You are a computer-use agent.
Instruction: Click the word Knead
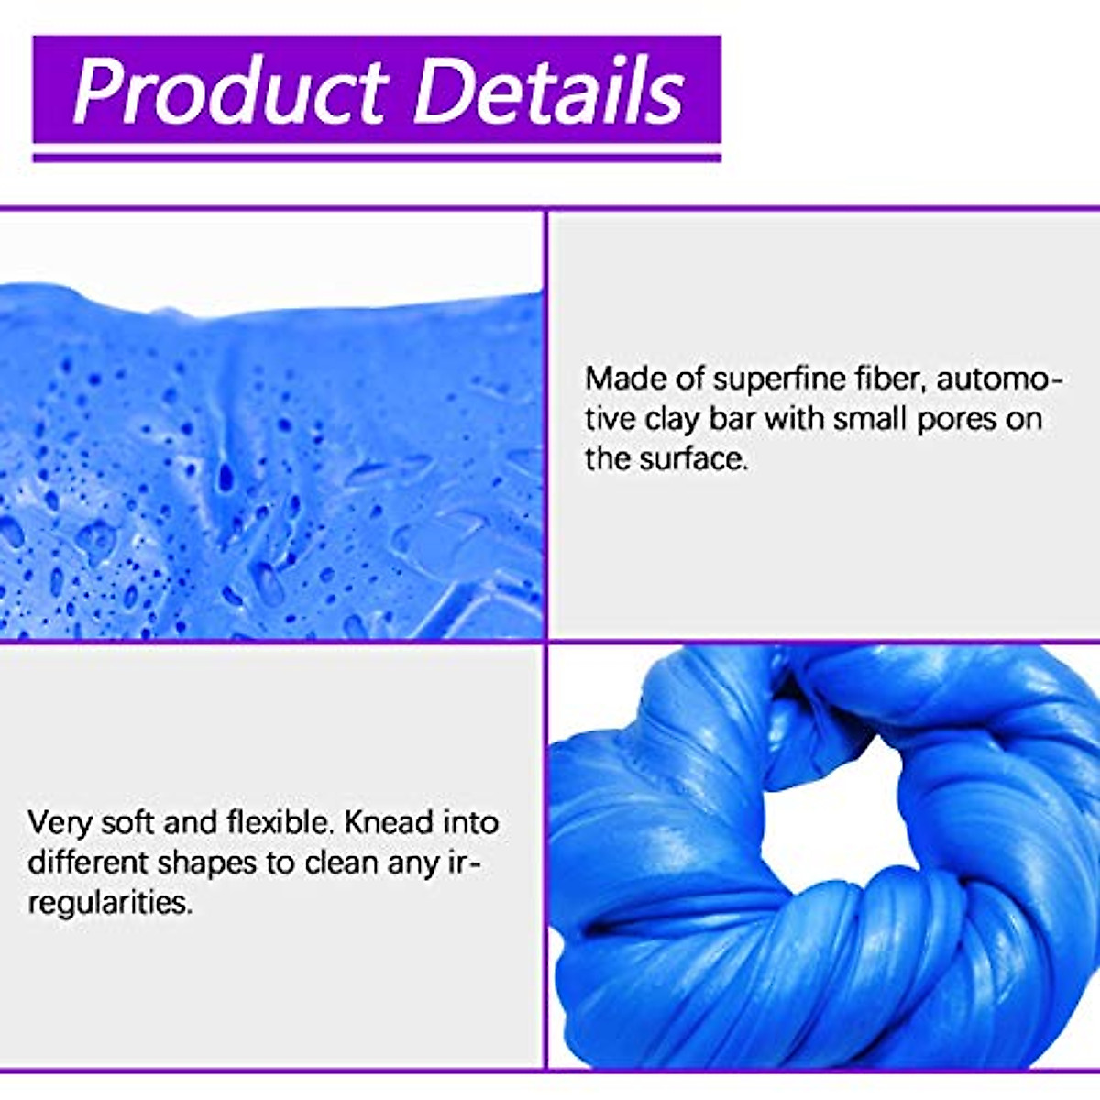pos(389,822)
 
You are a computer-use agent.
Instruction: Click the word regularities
pos(110,903)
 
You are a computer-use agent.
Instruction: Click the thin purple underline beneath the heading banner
pos(376,158)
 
